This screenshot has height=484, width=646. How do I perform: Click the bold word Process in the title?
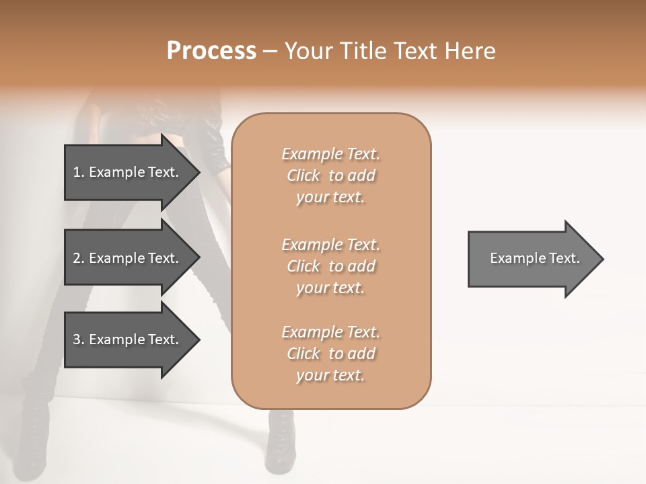tap(211, 51)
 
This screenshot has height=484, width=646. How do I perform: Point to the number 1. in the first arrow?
tap(78, 172)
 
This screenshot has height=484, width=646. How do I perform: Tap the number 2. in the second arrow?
tap(78, 258)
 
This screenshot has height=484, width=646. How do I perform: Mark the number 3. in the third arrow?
tap(78, 339)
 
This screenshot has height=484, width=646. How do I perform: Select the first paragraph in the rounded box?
tap(330, 175)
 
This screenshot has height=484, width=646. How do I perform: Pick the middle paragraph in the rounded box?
tap(330, 266)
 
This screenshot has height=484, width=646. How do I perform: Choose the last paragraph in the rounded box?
tap(330, 354)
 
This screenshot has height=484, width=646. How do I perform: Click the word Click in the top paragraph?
tap(303, 175)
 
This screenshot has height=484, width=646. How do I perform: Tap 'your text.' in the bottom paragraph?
tap(330, 375)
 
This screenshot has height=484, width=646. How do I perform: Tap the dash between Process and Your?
tap(271, 52)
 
